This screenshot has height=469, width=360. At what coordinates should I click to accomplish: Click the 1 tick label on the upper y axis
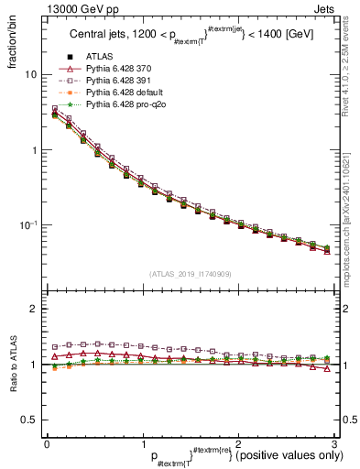coord(32,149)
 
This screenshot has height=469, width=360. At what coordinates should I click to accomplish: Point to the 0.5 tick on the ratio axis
coord(27,420)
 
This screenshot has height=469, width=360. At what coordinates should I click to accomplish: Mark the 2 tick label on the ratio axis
coord(32,309)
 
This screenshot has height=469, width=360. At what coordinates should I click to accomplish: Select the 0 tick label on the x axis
coord(47,443)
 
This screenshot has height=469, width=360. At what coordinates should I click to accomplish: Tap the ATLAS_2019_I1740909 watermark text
coord(189,275)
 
